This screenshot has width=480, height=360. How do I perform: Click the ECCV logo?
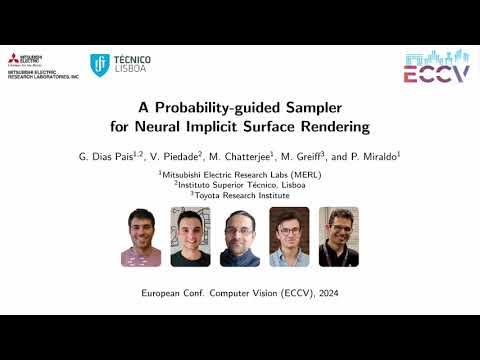pos(435,67)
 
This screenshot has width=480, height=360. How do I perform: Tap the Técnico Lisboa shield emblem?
pos(100,65)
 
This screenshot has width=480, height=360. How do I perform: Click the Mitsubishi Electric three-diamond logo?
pos(12,59)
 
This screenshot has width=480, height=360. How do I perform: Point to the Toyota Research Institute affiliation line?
pos(241,195)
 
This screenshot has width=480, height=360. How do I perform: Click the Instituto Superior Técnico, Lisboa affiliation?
pos(241,184)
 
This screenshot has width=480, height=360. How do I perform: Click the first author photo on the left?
pos(141,236)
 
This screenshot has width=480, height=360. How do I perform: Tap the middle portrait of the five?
pos(240,236)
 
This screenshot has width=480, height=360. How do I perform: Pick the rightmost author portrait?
pos(338,236)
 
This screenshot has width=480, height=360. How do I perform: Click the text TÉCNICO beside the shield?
pos(132,60)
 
